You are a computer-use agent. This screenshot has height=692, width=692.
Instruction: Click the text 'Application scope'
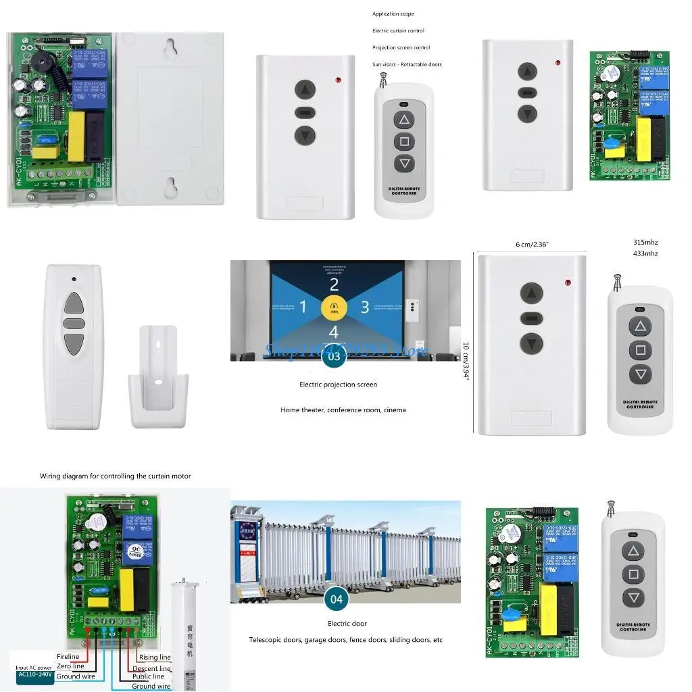[393, 14]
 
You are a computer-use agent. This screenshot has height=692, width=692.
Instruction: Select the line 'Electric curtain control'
[398, 30]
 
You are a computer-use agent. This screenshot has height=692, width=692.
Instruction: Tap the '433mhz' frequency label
[645, 253]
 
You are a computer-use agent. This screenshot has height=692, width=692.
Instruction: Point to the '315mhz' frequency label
[645, 242]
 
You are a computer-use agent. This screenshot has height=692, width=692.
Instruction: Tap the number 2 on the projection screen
[334, 285]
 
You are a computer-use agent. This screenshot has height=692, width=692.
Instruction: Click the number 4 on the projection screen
[333, 332]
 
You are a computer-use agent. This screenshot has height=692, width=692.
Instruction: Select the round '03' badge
[333, 355]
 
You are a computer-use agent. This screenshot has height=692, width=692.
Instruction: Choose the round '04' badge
[336, 599]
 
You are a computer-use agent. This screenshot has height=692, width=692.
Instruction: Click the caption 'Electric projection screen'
[338, 385]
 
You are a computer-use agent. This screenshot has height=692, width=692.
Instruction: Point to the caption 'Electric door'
[347, 623]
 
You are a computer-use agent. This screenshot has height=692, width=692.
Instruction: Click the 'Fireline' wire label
[68, 656]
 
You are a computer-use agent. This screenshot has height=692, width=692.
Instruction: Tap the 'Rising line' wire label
[155, 657]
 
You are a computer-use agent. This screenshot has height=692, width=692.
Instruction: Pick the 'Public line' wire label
[148, 676]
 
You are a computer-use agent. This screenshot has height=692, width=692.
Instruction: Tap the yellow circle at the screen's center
[333, 307]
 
